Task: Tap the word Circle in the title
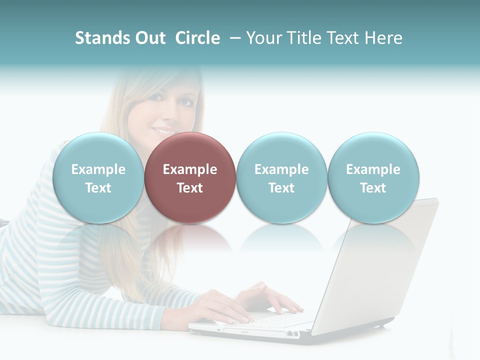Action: point(197,38)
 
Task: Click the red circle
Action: point(190,178)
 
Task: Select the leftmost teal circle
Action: point(98,178)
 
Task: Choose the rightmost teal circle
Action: point(373,178)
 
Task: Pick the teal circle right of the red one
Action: point(281,178)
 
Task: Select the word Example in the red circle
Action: point(190,169)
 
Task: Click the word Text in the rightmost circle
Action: point(373,188)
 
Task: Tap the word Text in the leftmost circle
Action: point(98,188)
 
